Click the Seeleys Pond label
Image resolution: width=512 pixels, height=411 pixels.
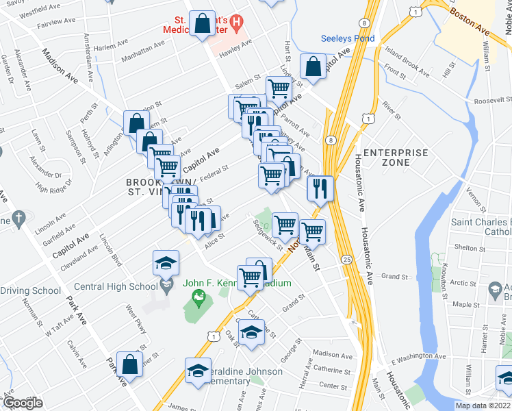pyautogui.click(x=348, y=38)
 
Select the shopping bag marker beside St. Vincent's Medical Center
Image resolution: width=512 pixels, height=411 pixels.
pyautogui.click(x=203, y=24)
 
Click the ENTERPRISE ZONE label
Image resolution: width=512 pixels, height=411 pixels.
pyautogui.click(x=396, y=158)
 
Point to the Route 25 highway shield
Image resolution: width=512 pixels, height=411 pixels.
pyautogui.click(x=347, y=260)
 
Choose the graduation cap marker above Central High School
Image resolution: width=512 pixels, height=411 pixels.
pyautogui.click(x=166, y=264)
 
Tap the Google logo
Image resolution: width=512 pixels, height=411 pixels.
pyautogui.click(x=23, y=403)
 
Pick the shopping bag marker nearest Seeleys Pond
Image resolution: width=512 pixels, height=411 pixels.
pyautogui.click(x=313, y=67)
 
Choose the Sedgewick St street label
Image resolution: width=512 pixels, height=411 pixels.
pyautogui.click(x=267, y=234)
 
